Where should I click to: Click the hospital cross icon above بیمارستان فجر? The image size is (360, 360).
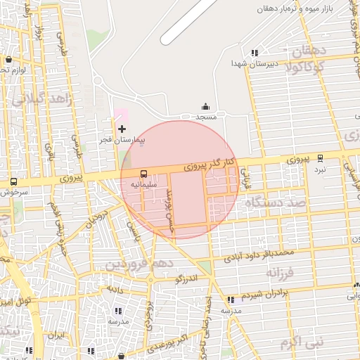(122, 129)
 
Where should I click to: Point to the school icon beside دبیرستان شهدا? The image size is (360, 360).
(255, 52)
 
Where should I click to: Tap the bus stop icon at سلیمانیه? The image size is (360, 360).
(143, 173)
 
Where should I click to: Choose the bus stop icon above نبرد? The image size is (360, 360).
(321, 159)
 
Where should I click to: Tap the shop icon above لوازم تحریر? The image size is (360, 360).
(8, 60)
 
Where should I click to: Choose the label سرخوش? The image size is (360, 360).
(13, 191)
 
